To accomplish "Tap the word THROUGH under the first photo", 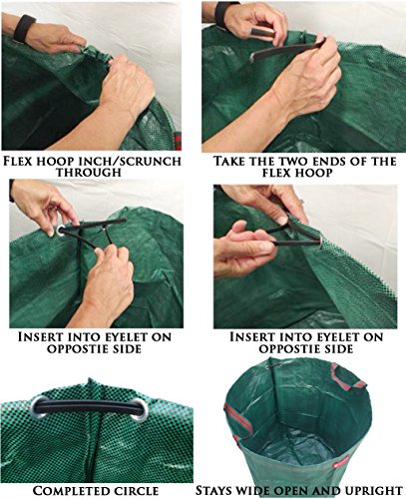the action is [89, 173].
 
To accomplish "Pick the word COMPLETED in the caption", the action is [71, 491].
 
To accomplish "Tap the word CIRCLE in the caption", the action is [136, 491].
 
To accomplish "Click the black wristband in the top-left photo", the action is [24, 29].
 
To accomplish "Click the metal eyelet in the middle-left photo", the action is [61, 230].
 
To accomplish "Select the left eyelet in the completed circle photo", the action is [39, 407].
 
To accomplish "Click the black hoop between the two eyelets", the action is [89, 406].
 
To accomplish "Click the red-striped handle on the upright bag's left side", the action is [236, 420].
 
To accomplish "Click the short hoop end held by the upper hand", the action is [262, 33].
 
